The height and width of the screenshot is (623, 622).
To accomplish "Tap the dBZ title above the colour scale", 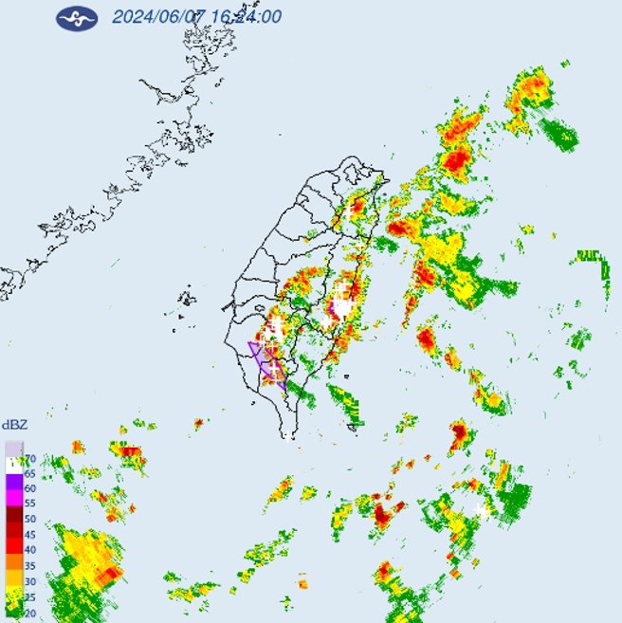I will tap(13, 424).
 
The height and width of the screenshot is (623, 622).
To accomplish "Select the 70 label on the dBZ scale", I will tap(28, 458).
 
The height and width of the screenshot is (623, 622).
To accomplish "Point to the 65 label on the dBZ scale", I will tap(28, 473).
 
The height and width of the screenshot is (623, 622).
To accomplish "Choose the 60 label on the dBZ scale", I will tap(28, 488).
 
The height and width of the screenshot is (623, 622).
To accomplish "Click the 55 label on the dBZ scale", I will tap(28, 504).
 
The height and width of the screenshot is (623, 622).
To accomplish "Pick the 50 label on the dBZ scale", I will tap(28, 519).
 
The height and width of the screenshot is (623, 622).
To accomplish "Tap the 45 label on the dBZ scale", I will tap(28, 534).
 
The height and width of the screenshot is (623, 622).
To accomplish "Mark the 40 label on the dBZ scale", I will tap(28, 549).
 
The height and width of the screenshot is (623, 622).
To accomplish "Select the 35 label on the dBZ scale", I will tap(28, 565).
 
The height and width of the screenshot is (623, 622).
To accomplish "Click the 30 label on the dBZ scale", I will tap(28, 580).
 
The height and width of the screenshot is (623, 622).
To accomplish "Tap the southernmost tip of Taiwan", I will tap(288, 436).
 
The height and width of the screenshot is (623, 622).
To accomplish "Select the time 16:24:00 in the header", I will tap(246, 17).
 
